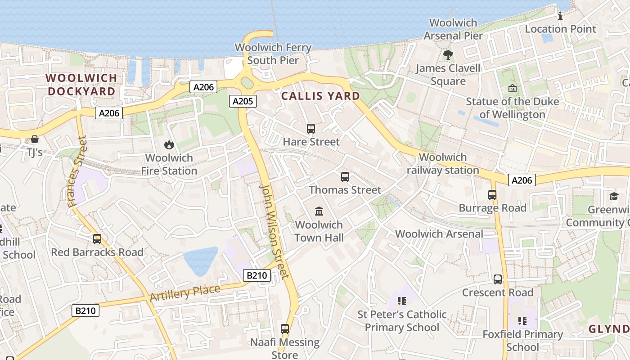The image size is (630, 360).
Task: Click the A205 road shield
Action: tap(243, 101)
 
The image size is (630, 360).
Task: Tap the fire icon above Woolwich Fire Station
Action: tap(169, 144)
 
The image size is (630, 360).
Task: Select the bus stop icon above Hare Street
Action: tap(311, 129)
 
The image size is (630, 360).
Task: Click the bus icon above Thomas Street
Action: tap(345, 177)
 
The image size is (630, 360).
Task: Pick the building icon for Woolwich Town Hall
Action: tap(319, 211)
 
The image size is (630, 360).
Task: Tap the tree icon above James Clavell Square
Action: tap(448, 55)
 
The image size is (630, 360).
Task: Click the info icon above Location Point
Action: tap(560, 16)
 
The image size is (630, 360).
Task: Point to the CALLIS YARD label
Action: tap(320, 96)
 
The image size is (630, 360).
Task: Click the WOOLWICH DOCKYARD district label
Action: tap(81, 85)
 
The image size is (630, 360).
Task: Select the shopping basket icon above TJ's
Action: tap(35, 139)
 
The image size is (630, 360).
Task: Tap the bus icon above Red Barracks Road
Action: tap(97, 239)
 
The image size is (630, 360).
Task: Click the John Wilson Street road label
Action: tap(274, 231)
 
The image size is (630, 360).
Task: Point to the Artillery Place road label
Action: tap(185, 293)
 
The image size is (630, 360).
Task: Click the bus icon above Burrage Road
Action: tap(492, 195)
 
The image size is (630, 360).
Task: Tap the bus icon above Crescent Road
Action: tap(498, 279)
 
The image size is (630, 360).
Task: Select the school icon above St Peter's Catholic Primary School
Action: tap(402, 301)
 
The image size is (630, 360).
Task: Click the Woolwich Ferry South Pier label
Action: tap(273, 54)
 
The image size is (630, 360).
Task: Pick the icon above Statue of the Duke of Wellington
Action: tap(512, 88)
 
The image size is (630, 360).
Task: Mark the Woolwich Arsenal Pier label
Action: tap(453, 29)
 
